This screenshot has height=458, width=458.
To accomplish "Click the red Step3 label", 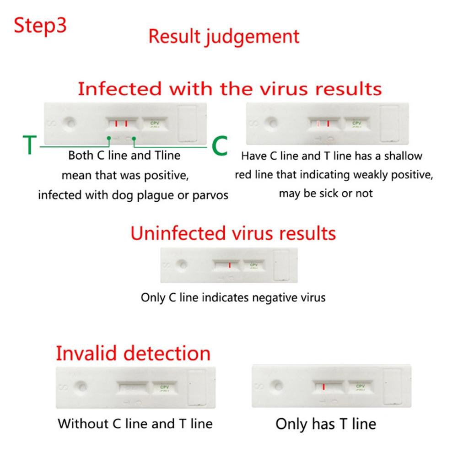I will [x=40, y=26].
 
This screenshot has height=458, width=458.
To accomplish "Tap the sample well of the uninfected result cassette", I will [x=182, y=264].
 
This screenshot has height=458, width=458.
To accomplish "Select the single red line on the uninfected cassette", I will [x=230, y=264].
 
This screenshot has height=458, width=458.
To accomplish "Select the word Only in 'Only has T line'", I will [x=290, y=424].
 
